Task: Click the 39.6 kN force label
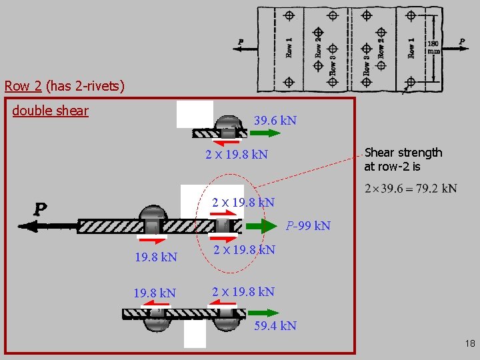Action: [x=275, y=121]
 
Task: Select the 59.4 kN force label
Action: [x=275, y=326]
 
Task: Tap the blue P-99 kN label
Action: [x=308, y=225]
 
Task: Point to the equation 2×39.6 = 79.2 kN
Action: [x=411, y=189]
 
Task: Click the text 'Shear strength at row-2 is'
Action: [x=403, y=159]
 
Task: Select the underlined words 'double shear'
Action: [x=50, y=111]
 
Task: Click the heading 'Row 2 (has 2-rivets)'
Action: [x=64, y=85]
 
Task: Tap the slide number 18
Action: [x=469, y=344]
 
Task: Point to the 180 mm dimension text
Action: [x=433, y=47]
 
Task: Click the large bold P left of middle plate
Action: [x=41, y=209]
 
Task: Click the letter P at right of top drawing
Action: [x=462, y=41]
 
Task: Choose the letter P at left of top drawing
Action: [x=241, y=42]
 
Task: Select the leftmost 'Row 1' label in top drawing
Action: [x=289, y=47]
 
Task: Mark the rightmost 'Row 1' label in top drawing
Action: [x=411, y=47]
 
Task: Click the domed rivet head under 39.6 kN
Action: [x=229, y=123]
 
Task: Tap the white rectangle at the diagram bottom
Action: [x=195, y=335]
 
